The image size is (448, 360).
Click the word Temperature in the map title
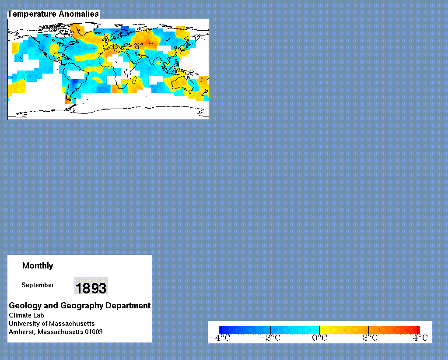tap(28, 14)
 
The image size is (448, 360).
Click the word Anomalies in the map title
tap(74, 14)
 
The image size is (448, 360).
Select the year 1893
tap(91, 288)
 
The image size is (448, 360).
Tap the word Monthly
tap(38, 266)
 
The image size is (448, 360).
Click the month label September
tap(37, 285)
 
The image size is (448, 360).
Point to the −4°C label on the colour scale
tap(219, 338)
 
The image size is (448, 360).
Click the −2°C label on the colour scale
tap(269, 338)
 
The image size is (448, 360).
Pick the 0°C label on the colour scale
tap(319, 338)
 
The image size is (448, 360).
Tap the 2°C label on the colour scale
tap(370, 338)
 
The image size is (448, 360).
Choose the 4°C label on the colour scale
tap(420, 338)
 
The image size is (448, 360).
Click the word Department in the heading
tap(128, 306)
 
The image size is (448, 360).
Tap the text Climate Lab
tap(26, 315)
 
